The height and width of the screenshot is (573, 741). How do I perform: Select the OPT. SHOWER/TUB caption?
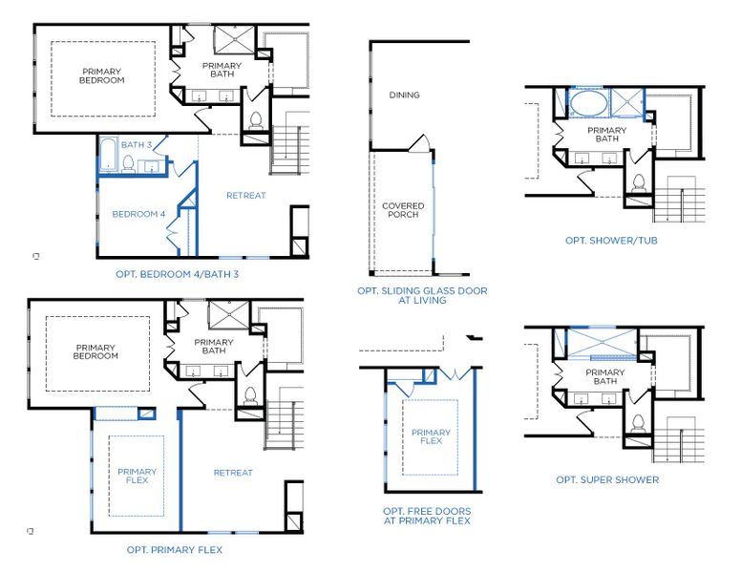tap(611, 240)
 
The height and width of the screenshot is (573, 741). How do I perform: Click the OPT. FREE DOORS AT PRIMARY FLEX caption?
tap(427, 516)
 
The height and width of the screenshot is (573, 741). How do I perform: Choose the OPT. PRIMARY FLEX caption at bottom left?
tap(175, 549)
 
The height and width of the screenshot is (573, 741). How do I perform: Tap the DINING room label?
tap(404, 95)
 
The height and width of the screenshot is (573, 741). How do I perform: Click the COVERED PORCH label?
tap(403, 211)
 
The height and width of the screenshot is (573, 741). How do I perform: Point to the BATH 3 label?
tap(137, 145)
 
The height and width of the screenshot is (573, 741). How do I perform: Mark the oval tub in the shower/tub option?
tap(588, 101)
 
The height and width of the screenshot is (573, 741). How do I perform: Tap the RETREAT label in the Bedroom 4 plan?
tap(245, 196)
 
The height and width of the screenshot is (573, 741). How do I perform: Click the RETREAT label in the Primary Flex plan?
tap(233, 473)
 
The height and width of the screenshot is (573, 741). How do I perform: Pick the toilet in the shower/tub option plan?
tap(638, 181)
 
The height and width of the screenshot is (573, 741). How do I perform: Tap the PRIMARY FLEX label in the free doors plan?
tap(431, 437)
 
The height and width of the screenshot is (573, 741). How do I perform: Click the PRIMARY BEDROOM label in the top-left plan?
tap(102, 76)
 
